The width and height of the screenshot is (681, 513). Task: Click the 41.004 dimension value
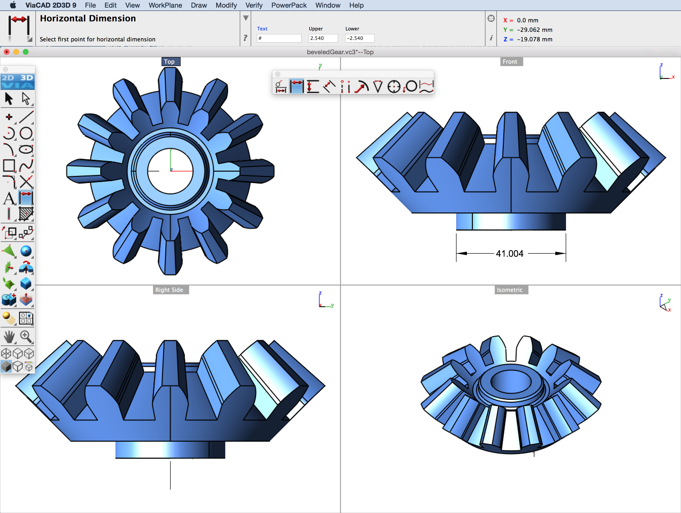509,253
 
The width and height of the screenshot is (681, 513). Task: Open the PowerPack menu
288,5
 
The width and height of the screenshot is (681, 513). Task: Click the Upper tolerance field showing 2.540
323,38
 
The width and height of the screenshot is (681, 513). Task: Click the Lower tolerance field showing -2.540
359,38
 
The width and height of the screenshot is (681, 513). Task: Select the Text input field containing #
279,38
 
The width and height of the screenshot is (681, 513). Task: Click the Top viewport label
169,62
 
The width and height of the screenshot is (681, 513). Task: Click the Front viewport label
510,62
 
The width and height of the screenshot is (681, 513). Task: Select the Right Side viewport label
169,290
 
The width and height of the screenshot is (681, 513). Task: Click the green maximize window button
26,52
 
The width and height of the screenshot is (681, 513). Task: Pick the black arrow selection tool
9,99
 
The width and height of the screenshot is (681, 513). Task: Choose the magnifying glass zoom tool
26,337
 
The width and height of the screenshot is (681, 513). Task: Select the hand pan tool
9,337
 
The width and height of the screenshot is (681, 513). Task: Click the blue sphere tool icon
26,251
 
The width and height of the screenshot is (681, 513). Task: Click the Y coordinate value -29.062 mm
534,30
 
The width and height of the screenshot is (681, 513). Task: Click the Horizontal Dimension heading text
88,19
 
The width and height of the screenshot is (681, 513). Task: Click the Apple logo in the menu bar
13,5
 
